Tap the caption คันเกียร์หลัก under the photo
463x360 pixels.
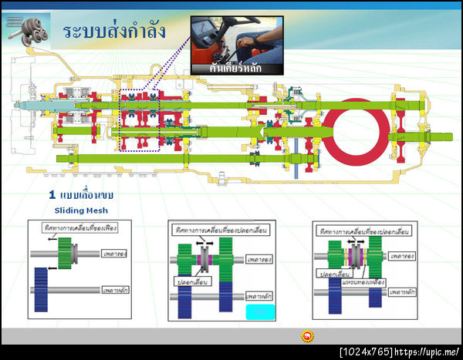tap(237, 69)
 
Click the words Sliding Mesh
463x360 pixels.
tap(81, 210)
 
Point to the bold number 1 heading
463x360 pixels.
tap(52, 196)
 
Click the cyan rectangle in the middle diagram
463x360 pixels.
tap(260, 311)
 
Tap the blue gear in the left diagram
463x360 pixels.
tap(42, 288)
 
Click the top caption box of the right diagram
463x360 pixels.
tap(362, 230)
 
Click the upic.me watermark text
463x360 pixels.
tap(428, 352)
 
